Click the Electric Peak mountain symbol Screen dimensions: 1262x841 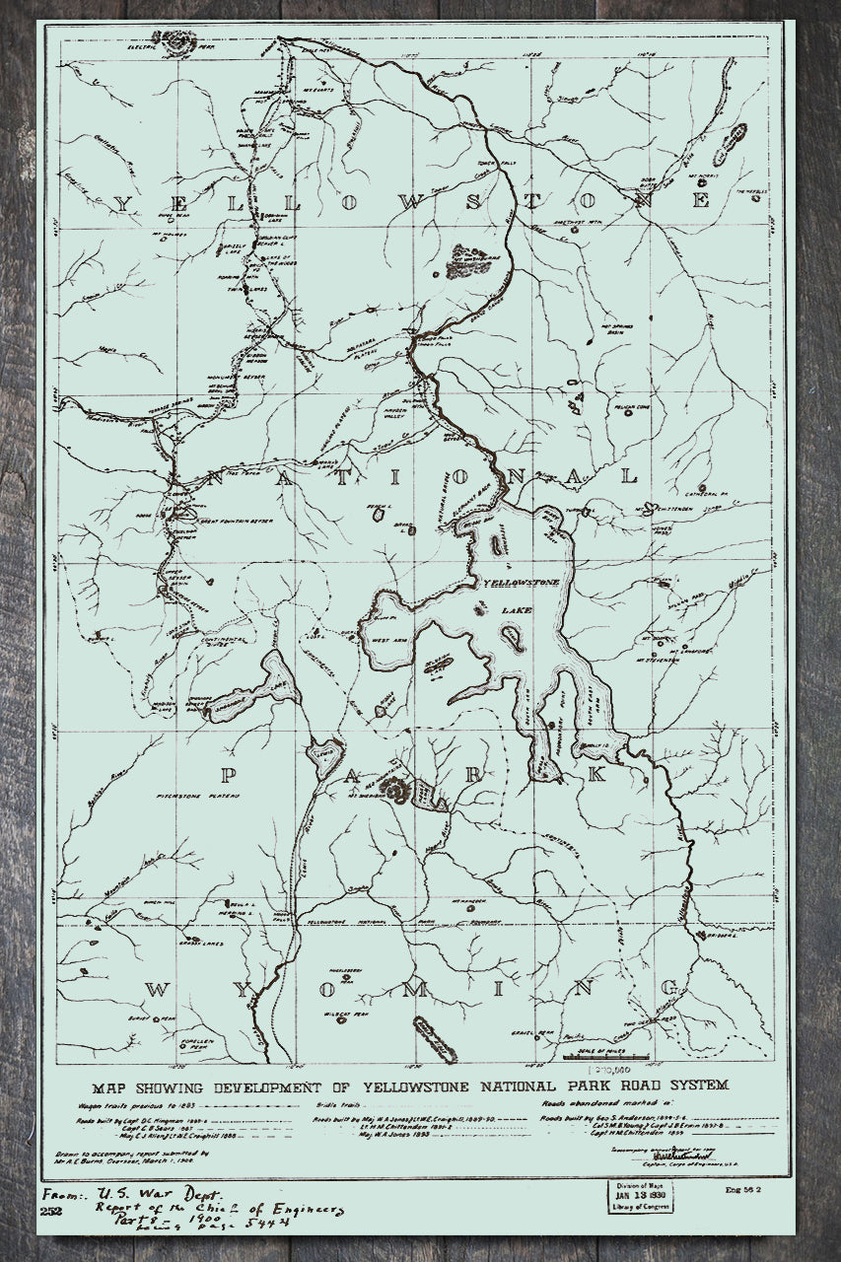(181, 41)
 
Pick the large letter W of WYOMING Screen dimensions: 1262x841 (158, 989)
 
